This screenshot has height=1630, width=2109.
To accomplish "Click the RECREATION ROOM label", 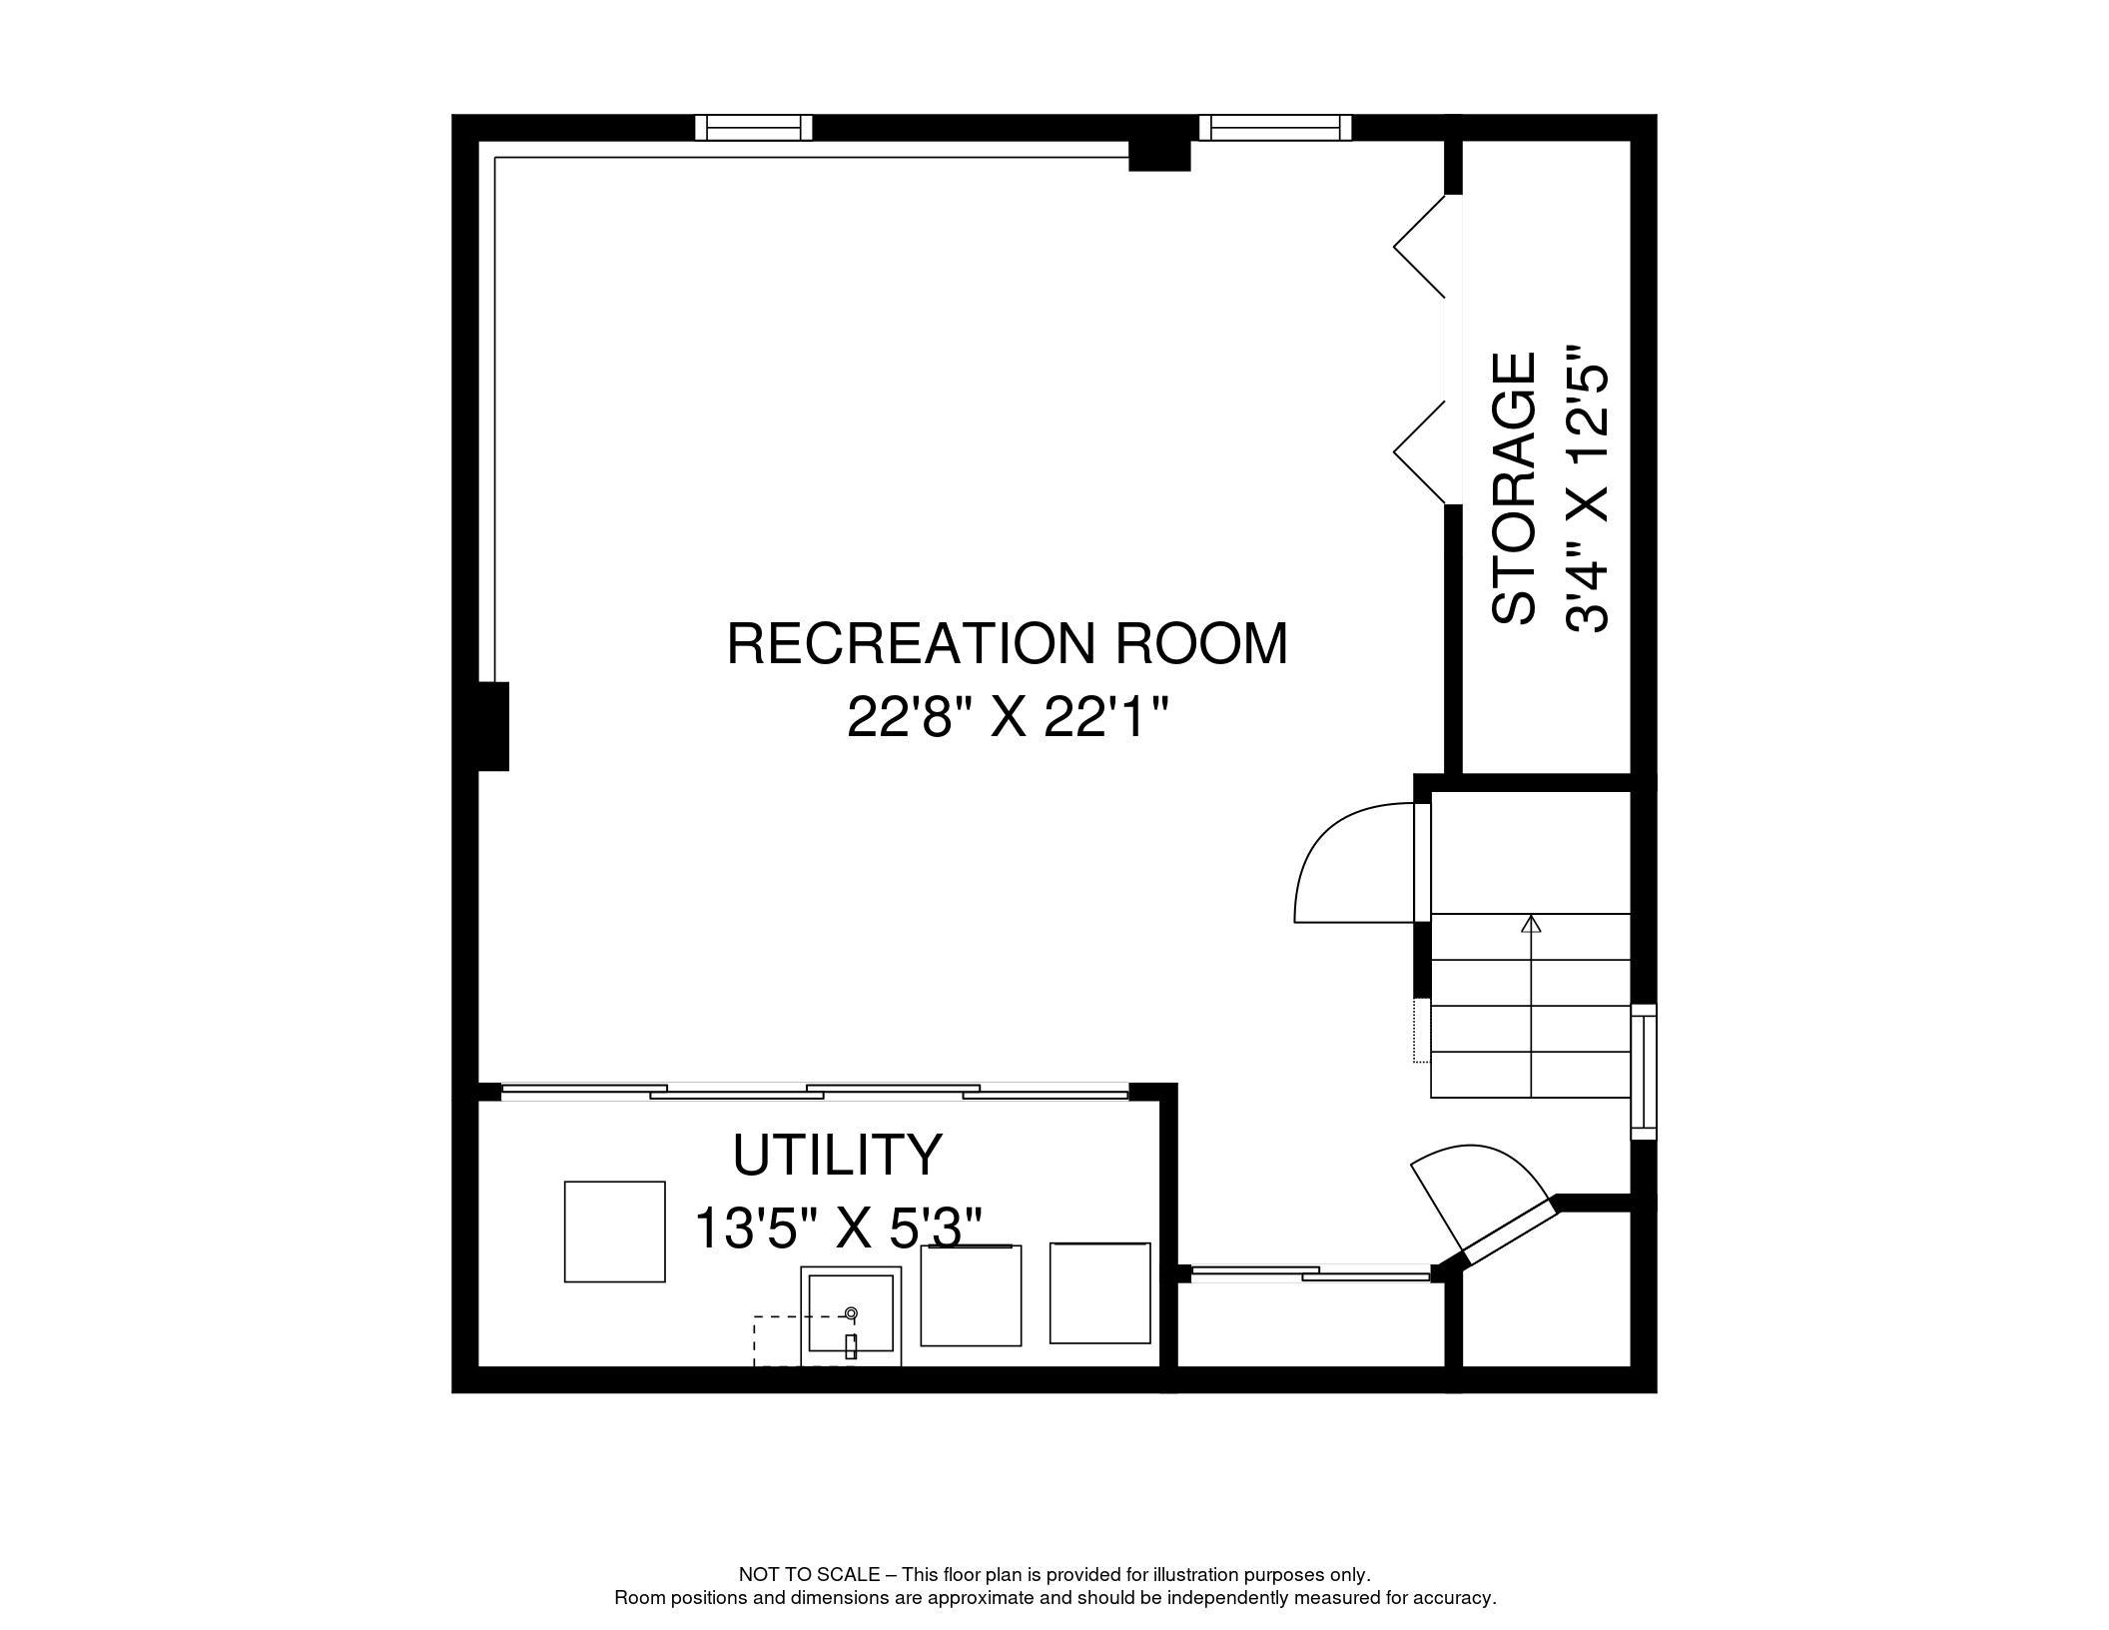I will click(1007, 643).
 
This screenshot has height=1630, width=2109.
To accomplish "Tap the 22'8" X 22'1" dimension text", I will click(1007, 716).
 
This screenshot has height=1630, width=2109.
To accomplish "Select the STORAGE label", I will click(1513, 489).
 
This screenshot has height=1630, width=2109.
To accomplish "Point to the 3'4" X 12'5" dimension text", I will click(1588, 489).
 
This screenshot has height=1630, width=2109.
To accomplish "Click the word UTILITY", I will click(837, 1155).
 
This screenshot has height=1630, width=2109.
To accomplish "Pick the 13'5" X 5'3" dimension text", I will click(837, 1227).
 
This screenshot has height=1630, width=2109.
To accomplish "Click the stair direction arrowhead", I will click(1531, 924).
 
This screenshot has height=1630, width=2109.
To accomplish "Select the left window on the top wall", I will click(754, 128).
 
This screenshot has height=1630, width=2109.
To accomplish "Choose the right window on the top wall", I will click(1275, 128).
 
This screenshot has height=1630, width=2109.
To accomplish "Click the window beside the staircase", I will click(1643, 1072).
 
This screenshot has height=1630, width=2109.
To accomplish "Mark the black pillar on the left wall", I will click(492, 726).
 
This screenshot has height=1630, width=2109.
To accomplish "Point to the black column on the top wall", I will click(1159, 155).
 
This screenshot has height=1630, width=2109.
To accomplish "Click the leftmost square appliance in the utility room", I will click(614, 1231).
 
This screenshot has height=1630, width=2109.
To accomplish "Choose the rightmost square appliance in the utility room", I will click(1099, 1292).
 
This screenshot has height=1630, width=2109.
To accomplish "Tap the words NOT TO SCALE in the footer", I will click(809, 1575).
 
